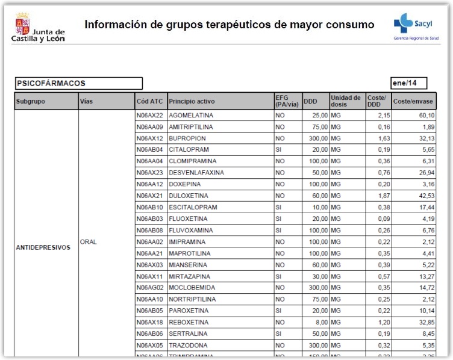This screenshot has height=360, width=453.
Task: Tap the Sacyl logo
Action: pyautogui.click(x=416, y=27)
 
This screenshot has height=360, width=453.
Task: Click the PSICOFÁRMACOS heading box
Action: pyautogui.click(x=78, y=84)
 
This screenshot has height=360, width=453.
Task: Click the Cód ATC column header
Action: pyautogui.click(x=150, y=101)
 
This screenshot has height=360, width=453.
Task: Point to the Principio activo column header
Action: pyautogui.click(x=192, y=101)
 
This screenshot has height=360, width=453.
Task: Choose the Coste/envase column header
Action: pyautogui.click(x=413, y=101)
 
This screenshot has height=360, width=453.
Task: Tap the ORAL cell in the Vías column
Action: pyautogui.click(x=89, y=242)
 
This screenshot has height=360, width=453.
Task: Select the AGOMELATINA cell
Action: pyautogui.click(x=192, y=115)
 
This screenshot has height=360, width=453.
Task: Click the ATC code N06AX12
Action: pyautogui.click(x=150, y=138)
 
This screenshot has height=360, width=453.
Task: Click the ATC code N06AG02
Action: pyautogui.click(x=150, y=288)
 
